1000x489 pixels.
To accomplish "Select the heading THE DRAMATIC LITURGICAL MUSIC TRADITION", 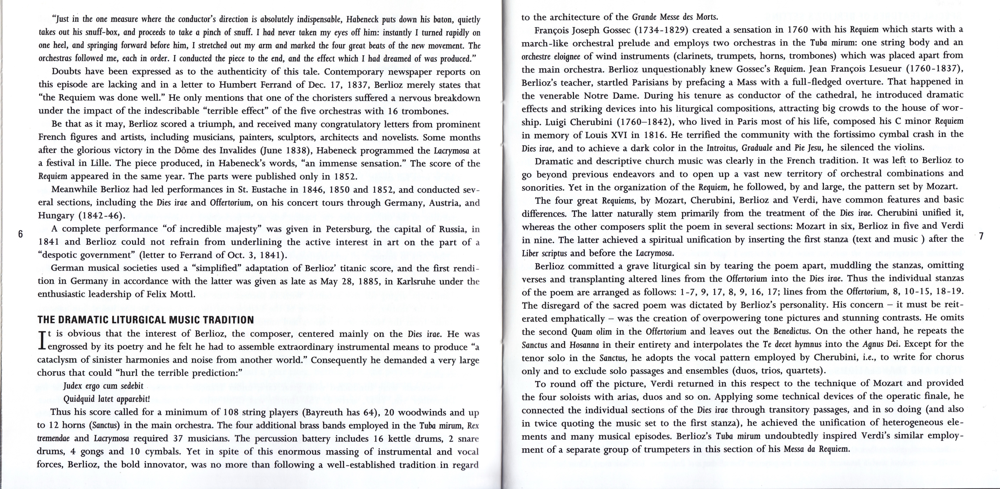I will [x=146, y=320].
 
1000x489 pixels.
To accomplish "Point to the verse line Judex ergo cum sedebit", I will [x=103, y=386].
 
